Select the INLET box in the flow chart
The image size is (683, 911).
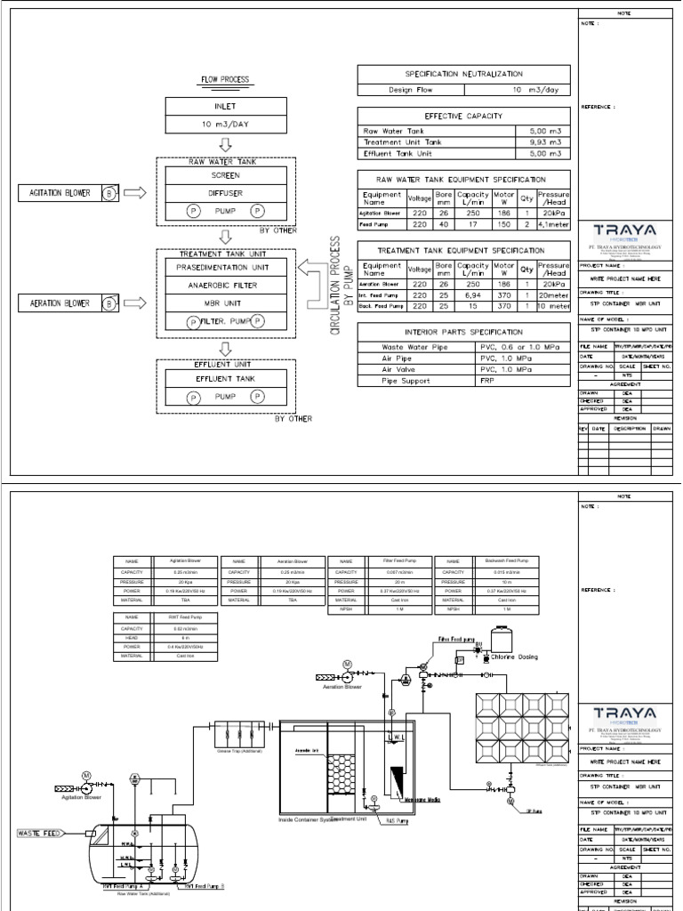(x=226, y=107)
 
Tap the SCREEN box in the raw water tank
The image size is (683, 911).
(x=226, y=175)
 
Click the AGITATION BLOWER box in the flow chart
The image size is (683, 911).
(x=68, y=193)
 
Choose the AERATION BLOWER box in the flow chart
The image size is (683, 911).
(x=68, y=303)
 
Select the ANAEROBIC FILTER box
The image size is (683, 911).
(x=226, y=285)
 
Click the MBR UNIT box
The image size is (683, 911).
(x=226, y=302)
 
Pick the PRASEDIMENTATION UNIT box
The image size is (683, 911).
(x=226, y=267)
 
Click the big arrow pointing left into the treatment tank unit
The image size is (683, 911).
(x=312, y=268)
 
